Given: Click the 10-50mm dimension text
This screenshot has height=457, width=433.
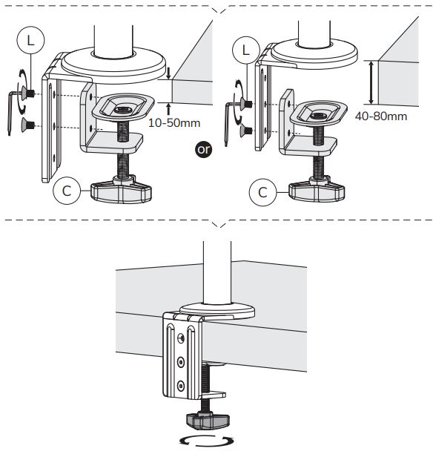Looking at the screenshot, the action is pos(174,122).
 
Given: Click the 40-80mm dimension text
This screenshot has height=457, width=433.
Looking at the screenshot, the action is pos(381,116).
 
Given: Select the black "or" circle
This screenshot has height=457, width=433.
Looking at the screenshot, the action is pos(203,150).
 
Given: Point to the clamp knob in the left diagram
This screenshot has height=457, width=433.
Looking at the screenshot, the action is pos(121,191).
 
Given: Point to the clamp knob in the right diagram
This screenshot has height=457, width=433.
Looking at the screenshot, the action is pos(317,191).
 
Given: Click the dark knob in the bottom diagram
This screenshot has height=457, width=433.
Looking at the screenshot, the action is pos(208,421).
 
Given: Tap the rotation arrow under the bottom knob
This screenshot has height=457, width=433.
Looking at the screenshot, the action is pos(207,441).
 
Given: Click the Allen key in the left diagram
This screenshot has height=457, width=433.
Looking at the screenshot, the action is pos(13,111).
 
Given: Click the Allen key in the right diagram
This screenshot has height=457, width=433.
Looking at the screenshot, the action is pos(231,122).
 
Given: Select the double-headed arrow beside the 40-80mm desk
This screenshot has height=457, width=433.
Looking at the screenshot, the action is pos(371,82).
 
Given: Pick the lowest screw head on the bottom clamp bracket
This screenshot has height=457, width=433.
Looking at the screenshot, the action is pos(181,386).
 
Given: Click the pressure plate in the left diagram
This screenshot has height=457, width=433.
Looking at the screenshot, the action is pos(123,107).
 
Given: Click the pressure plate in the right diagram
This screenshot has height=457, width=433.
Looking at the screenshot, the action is pos(319,113).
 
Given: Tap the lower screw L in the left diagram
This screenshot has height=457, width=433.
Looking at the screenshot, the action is pos(28,125).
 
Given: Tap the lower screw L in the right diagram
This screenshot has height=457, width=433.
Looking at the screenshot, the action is pos(246,130).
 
